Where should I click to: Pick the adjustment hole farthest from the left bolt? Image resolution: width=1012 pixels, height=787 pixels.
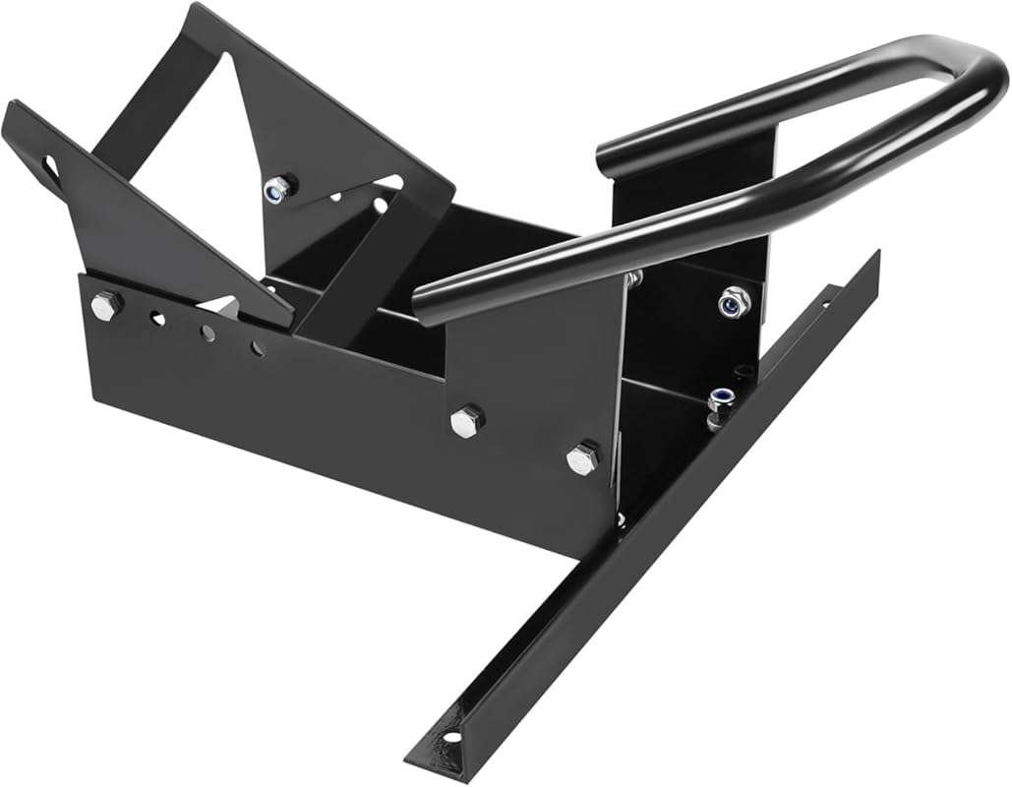click(256, 348)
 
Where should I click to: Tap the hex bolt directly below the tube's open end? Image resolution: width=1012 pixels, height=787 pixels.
click(467, 421)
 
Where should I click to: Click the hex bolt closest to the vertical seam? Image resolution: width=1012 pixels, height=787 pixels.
click(583, 457)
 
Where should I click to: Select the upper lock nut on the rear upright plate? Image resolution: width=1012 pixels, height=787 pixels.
click(733, 300)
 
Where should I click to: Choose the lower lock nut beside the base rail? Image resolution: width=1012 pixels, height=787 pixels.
click(720, 399)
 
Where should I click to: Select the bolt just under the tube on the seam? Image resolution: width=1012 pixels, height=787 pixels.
click(635, 277)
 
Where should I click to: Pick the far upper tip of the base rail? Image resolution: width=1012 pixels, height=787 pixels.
click(875, 256)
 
